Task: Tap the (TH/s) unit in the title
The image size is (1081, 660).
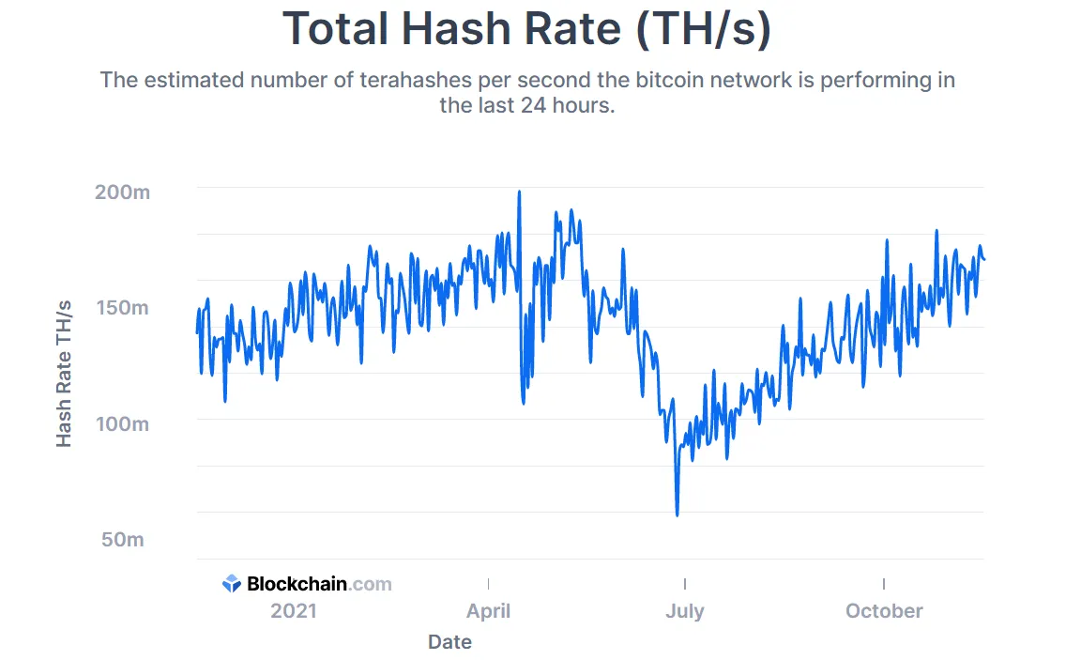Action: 703,30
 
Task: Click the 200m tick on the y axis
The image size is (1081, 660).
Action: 122,192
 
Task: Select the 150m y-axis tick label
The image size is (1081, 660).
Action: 122,308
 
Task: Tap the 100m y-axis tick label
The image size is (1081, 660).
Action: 122,423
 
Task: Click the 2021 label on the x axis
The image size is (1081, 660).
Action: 294,611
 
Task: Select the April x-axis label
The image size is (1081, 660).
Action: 488,611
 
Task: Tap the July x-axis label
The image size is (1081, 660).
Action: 684,611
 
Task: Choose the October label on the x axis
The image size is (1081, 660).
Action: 884,611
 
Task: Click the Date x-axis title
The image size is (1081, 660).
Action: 449,642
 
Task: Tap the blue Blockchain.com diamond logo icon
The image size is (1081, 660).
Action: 232,584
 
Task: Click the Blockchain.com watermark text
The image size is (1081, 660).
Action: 319,584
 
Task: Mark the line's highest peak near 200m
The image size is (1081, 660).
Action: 519,192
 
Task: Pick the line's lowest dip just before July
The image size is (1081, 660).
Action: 677,514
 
